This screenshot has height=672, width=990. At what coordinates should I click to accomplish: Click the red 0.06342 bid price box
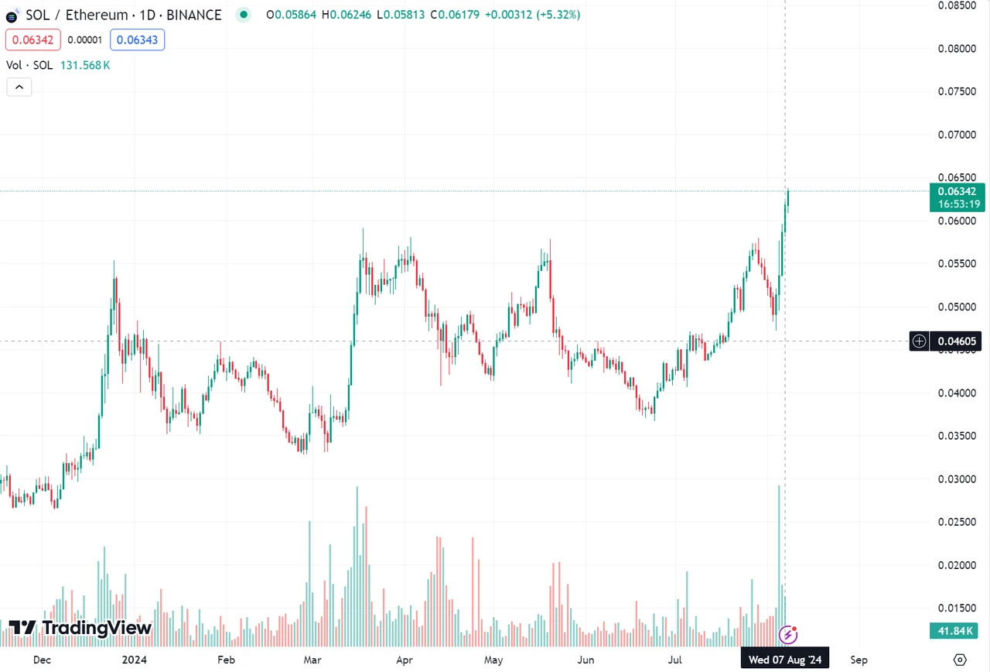32,39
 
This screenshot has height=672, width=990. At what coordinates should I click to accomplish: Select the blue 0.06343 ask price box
137,39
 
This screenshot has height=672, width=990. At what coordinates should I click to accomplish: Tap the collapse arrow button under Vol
19,87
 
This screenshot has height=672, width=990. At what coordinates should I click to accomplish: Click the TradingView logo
80,628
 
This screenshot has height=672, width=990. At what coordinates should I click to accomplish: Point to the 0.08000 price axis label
957,49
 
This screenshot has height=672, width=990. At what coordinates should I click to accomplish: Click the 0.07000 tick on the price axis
957,135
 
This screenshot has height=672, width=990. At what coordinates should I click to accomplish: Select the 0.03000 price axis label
957,479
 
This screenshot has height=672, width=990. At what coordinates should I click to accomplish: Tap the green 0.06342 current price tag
957,191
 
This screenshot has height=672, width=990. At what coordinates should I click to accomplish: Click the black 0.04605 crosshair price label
957,341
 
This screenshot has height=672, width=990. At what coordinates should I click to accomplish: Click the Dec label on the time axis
43,660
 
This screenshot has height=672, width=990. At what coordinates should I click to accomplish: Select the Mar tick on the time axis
312,660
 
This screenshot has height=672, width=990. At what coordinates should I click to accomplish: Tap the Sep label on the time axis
859,660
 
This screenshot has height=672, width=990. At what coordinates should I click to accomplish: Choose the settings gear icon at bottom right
960,660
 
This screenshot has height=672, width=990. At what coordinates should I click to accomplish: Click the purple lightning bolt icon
788,635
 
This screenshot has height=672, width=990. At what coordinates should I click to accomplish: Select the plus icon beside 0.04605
920,341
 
